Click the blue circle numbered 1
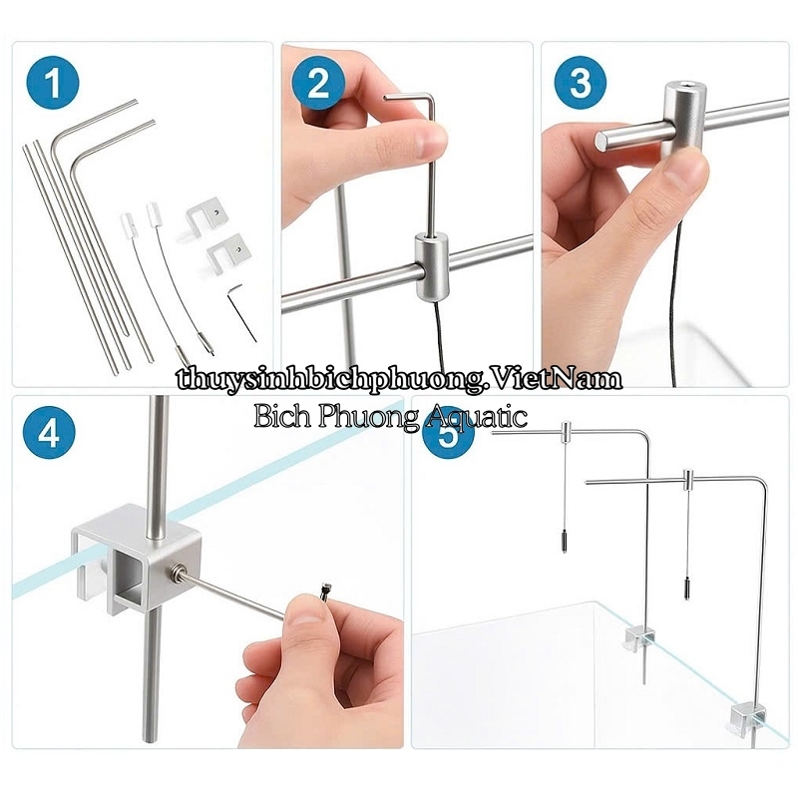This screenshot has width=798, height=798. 53,83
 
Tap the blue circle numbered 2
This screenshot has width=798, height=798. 318,83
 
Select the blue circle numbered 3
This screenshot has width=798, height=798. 581,83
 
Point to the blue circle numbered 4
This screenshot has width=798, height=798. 49,434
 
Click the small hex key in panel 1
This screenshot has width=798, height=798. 241,311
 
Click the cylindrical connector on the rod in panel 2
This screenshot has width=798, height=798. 431,265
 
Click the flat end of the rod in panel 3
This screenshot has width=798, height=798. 602,141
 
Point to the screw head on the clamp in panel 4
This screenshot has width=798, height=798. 181,569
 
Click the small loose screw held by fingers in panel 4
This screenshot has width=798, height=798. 324,592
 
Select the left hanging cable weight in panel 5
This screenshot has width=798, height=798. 564,541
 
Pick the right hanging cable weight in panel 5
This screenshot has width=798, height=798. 687,590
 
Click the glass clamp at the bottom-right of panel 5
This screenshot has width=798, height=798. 747,716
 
